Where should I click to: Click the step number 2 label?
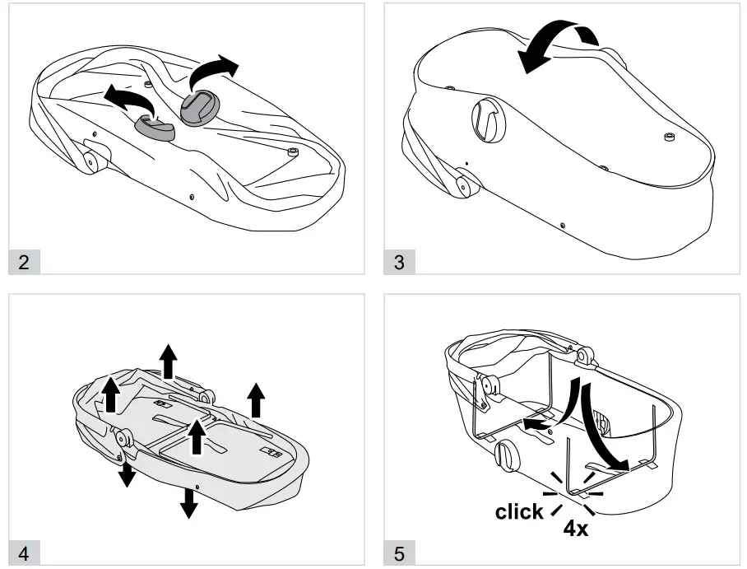(23, 263)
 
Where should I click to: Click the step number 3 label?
(399, 263)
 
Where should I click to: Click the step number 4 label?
(23, 554)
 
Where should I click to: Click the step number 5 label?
(399, 554)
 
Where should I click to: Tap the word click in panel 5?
(518, 512)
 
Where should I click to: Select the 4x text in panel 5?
(575, 528)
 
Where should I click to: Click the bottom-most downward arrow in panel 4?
(189, 501)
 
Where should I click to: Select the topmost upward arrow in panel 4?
(168, 361)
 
